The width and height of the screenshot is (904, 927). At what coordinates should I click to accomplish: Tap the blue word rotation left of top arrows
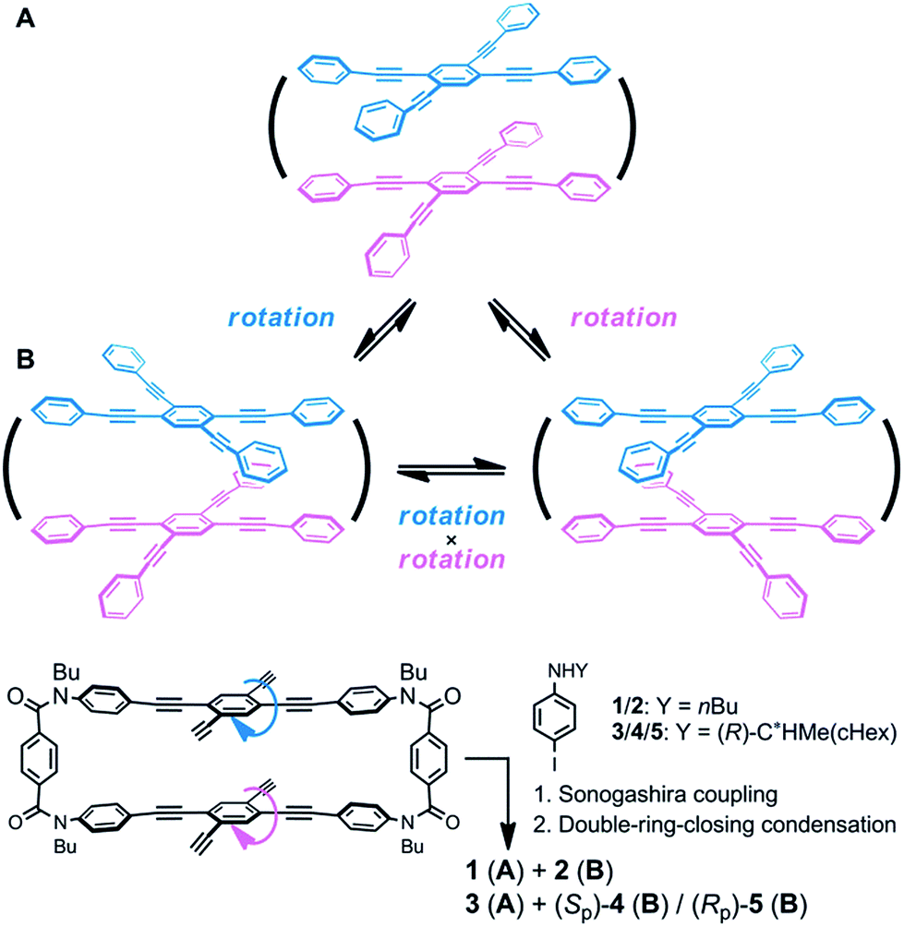(x=282, y=317)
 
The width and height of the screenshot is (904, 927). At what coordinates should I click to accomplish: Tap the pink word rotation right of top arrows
(x=624, y=317)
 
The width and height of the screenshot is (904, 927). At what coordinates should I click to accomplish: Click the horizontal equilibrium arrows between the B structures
(x=450, y=472)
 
